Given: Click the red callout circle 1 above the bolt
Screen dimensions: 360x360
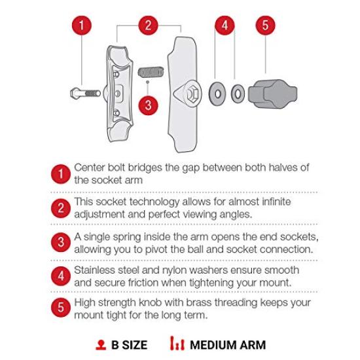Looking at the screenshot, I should click(x=81, y=26).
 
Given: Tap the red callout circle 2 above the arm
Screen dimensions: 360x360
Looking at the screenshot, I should click(x=149, y=26).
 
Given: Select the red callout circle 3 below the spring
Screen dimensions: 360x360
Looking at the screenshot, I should click(x=149, y=104).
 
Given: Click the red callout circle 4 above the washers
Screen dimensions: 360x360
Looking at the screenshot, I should click(x=225, y=26).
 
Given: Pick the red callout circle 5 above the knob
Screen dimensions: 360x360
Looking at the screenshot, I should click(x=264, y=26).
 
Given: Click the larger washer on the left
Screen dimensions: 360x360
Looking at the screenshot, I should click(x=217, y=92).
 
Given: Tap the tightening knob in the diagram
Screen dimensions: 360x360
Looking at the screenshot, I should click(x=268, y=92).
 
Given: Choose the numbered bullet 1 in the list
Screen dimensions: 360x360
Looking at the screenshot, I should click(x=60, y=174).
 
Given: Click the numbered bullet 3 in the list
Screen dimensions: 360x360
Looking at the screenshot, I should click(x=60, y=242).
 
